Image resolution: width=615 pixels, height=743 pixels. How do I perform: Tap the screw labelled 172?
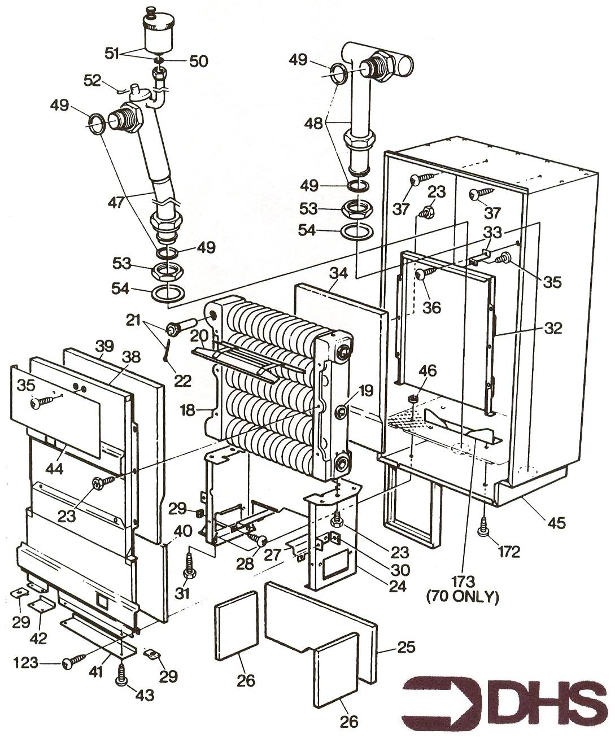484,527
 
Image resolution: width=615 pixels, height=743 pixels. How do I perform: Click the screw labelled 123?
73,659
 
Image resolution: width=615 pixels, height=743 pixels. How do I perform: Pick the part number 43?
145,696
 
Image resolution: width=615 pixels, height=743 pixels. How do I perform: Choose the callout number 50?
198,61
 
